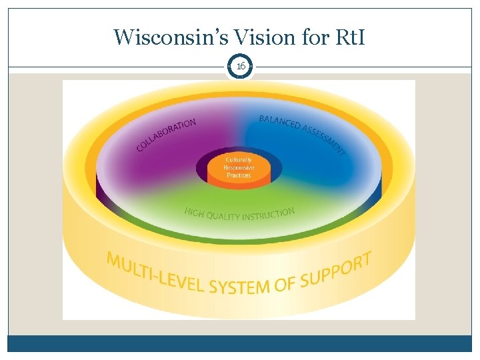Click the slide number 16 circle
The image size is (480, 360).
(240, 67)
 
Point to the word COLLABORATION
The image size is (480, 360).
(166, 134)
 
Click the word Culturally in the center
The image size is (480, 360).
(239, 160)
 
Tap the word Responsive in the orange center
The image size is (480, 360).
(239, 167)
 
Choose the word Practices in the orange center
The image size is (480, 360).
(239, 175)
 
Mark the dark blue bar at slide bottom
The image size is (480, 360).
(240, 343)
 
